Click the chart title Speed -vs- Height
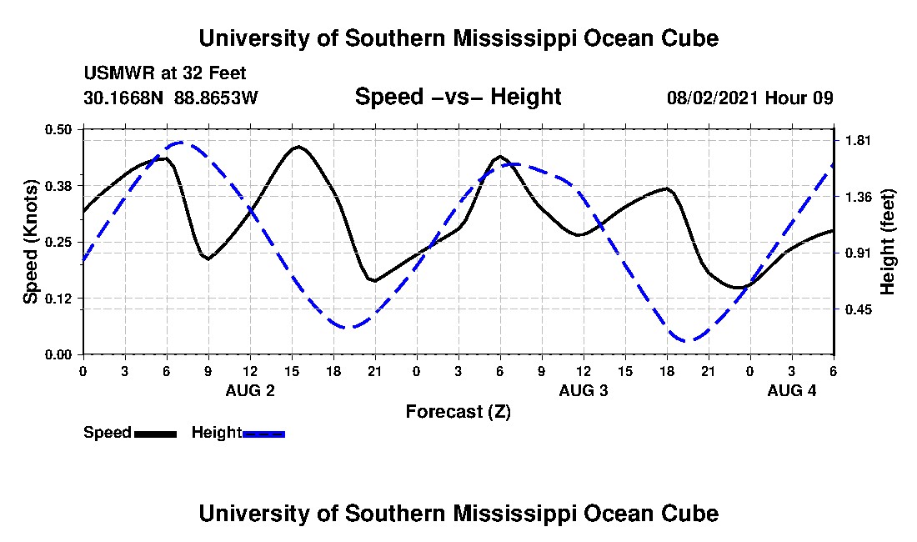[458, 97]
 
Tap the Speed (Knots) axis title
[31, 242]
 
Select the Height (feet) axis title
[888, 242]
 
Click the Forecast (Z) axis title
[458, 411]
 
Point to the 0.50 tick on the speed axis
[59, 129]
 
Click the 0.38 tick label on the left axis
[59, 185]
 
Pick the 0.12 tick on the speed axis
[59, 299]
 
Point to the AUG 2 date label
[250, 390]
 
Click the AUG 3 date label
[584, 390]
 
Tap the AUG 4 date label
[792, 390]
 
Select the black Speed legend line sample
[155, 434]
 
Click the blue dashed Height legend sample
[263, 434]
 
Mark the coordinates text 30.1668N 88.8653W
[171, 98]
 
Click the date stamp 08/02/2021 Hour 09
[750, 98]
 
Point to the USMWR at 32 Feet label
[164, 73]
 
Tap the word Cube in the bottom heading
[688, 513]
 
